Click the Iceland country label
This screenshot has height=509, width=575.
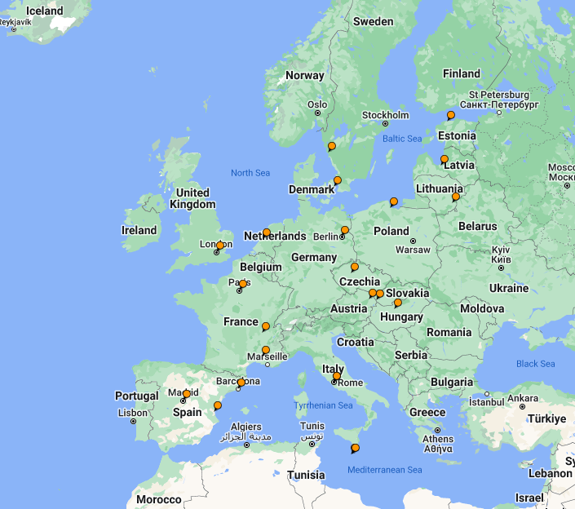point(33,11)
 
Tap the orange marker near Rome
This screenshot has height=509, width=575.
point(337,376)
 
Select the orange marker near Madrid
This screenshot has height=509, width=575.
point(187,394)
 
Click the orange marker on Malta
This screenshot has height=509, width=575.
point(355,448)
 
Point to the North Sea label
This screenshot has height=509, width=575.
point(250,173)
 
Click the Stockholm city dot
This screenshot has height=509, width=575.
point(386,124)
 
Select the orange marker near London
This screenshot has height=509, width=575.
point(220,246)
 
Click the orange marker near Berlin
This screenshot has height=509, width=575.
point(345,230)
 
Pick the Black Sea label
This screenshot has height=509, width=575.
point(535,364)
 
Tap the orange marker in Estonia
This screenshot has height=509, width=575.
point(451,115)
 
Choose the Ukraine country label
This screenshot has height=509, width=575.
point(508,288)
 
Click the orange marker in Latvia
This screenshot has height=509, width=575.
point(445,159)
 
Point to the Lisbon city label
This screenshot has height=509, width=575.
point(133,413)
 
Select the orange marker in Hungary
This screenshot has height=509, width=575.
point(398,303)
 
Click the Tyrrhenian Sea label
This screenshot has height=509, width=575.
point(323,405)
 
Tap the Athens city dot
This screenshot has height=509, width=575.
point(438,430)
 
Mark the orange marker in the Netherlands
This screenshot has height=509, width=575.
point(267,232)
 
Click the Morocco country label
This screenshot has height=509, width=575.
point(158,499)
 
